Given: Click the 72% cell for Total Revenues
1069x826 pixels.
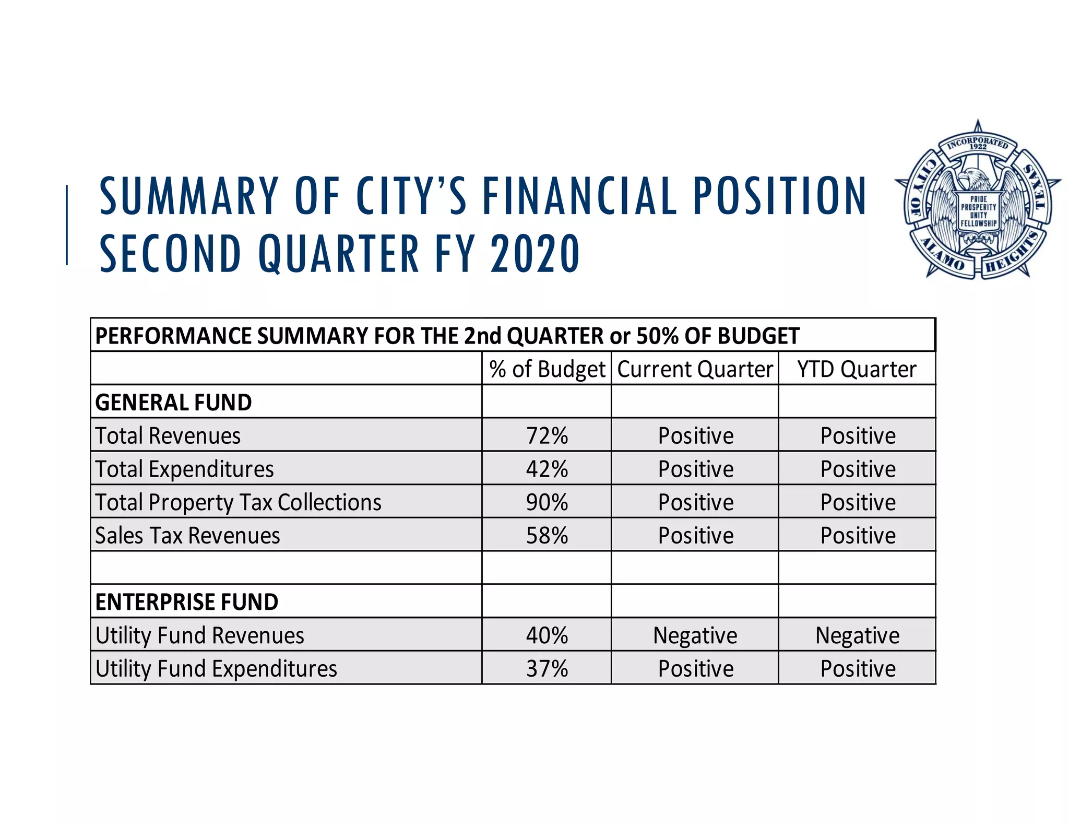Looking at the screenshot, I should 547,435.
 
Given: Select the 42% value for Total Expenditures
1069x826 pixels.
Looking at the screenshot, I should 547,469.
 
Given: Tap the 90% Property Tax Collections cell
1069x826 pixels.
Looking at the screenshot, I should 547,502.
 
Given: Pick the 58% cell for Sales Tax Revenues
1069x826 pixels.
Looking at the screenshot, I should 547,536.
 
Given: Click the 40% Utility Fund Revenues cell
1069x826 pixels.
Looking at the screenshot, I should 547,635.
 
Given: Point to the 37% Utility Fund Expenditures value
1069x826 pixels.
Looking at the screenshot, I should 547,669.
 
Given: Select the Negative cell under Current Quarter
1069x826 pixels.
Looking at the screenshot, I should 695,635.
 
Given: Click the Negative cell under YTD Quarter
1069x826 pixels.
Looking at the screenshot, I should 857,635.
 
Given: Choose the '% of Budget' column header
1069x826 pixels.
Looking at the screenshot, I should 547,369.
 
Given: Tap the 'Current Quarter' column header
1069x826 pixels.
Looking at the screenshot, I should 695,369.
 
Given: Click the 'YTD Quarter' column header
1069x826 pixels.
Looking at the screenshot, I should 857,369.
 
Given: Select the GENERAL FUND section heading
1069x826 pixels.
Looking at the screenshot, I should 173,403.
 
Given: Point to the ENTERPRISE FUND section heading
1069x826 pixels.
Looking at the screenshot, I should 186,602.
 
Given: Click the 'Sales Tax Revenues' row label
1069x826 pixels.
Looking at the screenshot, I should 187,536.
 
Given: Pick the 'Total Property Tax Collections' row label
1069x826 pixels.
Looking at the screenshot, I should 238,502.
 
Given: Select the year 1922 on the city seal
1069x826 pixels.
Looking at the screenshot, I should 978,147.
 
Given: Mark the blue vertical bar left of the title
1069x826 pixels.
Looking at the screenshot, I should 67,225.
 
